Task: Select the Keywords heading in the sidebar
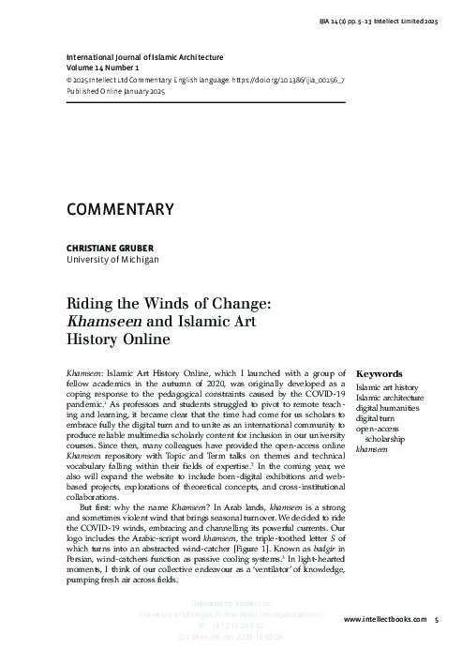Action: tap(380, 372)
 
